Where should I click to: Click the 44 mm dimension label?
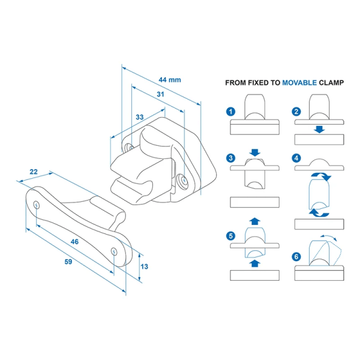pyautogui.click(x=170, y=80)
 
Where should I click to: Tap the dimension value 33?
pyautogui.click(x=139, y=117)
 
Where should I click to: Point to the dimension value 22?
pyautogui.click(x=34, y=172)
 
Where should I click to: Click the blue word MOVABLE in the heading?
pyautogui.click(x=304, y=83)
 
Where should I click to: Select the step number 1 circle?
pyautogui.click(x=230, y=112)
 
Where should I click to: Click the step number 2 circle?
pyautogui.click(x=296, y=112)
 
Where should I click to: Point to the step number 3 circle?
pyautogui.click(x=230, y=158)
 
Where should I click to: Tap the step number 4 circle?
pyautogui.click(x=296, y=158)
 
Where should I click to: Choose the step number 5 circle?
pyautogui.click(x=230, y=235)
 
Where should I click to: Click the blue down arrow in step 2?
pyautogui.click(x=320, y=129)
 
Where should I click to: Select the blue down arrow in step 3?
pyautogui.click(x=255, y=153)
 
